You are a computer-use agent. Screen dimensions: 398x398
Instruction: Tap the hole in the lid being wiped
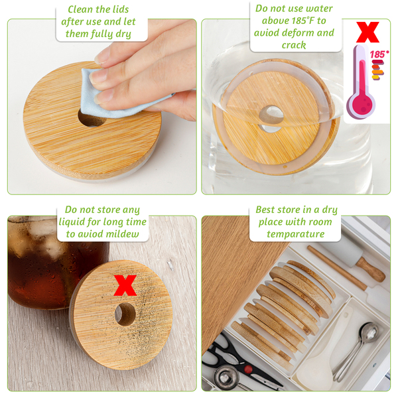pos(92,118)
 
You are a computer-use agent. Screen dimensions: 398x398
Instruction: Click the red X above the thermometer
pos(367,32)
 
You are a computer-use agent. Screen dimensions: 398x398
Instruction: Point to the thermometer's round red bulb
pos(361,104)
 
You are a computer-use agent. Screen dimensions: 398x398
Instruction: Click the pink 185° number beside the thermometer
pos(379,54)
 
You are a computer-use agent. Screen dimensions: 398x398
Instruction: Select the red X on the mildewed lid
pos(125,285)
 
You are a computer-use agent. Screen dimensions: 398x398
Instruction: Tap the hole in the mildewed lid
pos(125,314)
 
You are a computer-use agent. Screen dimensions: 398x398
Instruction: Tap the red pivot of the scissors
pos(248,369)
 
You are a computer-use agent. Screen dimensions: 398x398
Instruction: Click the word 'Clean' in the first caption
pos(80,9)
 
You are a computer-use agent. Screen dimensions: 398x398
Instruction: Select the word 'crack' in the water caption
pos(294,45)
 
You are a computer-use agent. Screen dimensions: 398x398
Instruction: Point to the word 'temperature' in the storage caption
pos(296,234)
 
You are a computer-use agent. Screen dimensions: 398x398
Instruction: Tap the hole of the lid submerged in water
pos(271,115)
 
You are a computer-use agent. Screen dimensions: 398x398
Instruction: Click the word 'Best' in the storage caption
pos(265,210)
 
